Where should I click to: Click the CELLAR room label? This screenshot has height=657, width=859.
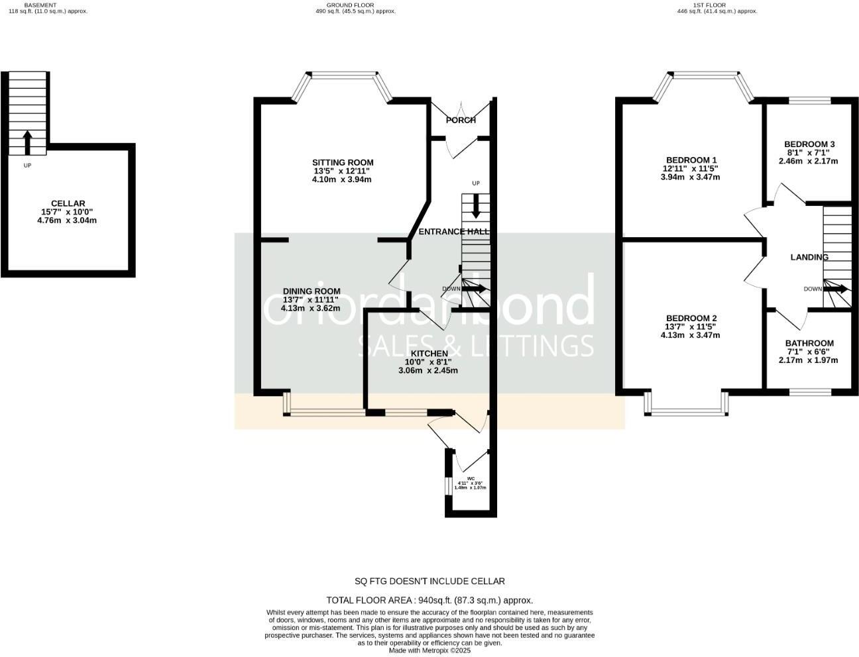click(68, 203)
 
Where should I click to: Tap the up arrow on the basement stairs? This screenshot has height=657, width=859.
click(27, 142)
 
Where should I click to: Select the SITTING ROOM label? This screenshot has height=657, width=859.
click(343, 162)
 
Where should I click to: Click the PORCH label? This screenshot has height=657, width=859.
click(461, 120)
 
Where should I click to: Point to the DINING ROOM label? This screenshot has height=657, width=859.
click(312, 291)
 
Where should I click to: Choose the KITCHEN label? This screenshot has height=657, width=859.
click(429, 354)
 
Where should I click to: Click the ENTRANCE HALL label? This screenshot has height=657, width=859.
click(454, 232)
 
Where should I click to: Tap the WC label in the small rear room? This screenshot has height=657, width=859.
click(471, 478)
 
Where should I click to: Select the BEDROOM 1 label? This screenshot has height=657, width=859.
click(691, 160)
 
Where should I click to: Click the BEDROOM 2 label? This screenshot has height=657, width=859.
click(691, 318)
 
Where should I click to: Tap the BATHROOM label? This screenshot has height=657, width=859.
click(809, 343)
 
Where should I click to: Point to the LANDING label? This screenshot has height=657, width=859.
click(809, 257)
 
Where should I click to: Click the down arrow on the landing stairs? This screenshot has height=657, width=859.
click(836, 289)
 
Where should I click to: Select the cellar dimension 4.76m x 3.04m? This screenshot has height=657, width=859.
click(68, 221)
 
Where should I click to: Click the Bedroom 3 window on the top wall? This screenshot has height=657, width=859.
click(809, 101)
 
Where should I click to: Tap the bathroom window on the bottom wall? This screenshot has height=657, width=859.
click(809, 392)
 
